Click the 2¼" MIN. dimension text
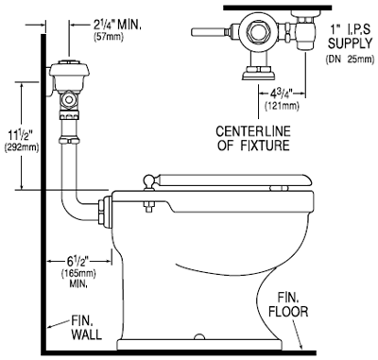(117, 25)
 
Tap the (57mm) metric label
(109, 37)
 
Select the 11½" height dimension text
(22, 137)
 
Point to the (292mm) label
(22, 147)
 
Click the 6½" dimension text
(78, 261)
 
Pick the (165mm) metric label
(78, 273)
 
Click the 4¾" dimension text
(282, 94)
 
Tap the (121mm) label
(282, 106)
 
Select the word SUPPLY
(350, 43)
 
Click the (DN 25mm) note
(350, 60)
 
